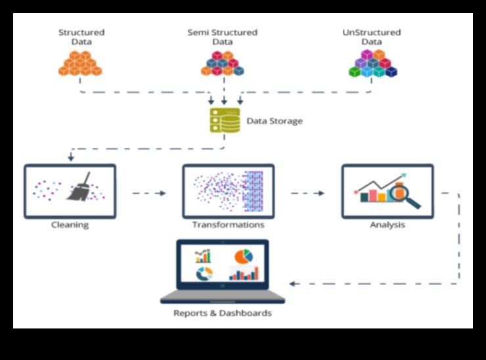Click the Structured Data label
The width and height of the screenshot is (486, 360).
[81, 37]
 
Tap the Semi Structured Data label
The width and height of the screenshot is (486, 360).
[223, 37]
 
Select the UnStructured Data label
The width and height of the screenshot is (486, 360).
[371, 37]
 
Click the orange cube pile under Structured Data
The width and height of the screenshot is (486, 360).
[80, 62]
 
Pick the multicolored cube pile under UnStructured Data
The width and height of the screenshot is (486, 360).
[372, 63]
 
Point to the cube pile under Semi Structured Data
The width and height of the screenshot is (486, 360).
[223, 63]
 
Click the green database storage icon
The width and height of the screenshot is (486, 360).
[225, 120]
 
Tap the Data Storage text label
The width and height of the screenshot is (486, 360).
[275, 121]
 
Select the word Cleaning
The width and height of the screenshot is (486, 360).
[70, 225]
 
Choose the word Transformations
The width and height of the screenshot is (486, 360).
[228, 225]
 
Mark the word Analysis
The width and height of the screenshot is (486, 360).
[387, 225]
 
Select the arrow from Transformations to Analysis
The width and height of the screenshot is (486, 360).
[308, 193]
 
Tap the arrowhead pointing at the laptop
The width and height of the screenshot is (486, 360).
[293, 283]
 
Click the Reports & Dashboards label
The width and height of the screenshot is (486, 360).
[222, 313]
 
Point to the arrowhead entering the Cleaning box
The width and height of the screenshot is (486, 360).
[70, 158]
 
